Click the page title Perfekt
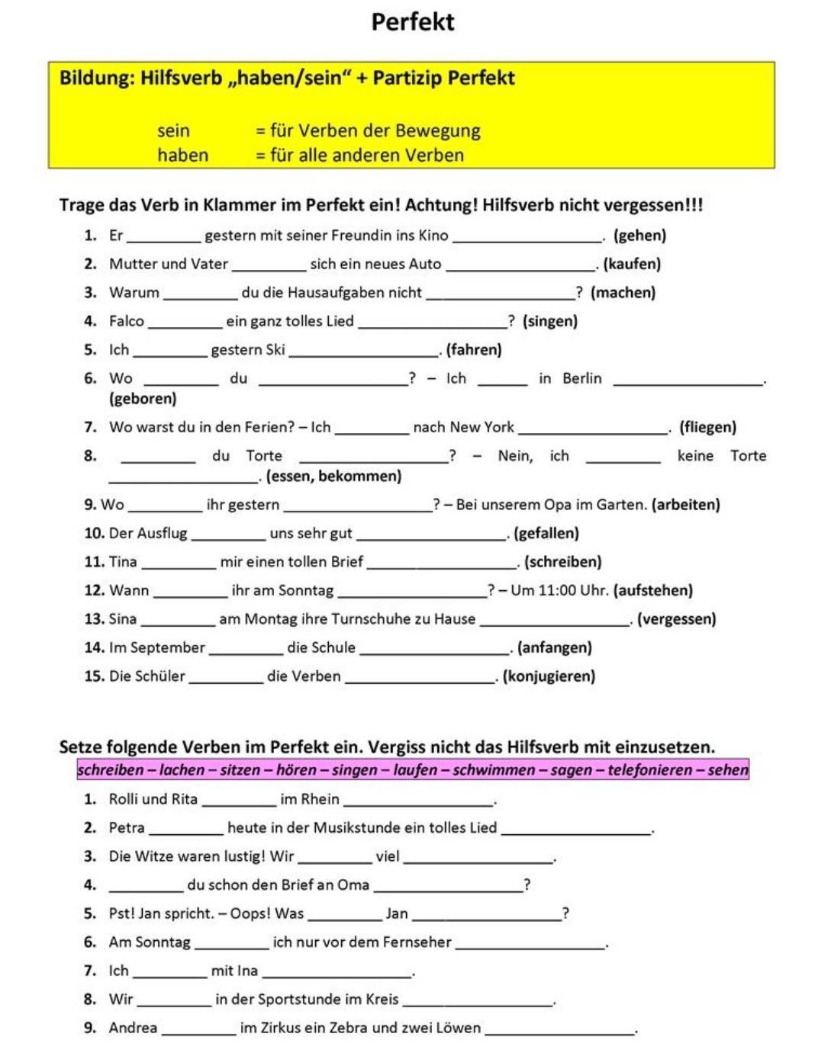pyautogui.click(x=412, y=21)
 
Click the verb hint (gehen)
pyautogui.click(x=639, y=236)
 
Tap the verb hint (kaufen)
pyautogui.click(x=632, y=264)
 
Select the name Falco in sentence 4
pyautogui.click(x=127, y=321)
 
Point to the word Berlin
pyautogui.click(x=581, y=378)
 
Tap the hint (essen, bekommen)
pyautogui.click(x=333, y=477)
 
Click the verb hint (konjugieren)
pyautogui.click(x=549, y=676)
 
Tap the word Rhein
pyautogui.click(x=320, y=799)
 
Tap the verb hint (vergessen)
pyautogui.click(x=676, y=619)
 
